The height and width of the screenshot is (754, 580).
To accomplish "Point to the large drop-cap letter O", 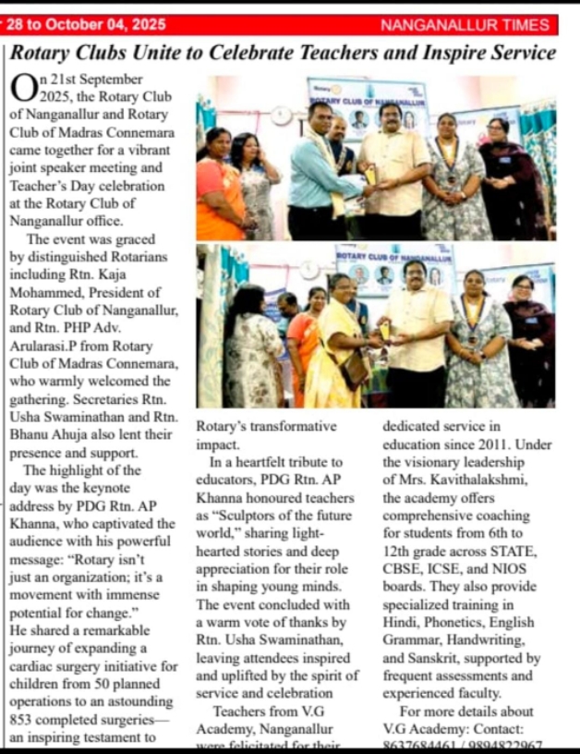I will [24, 89].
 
